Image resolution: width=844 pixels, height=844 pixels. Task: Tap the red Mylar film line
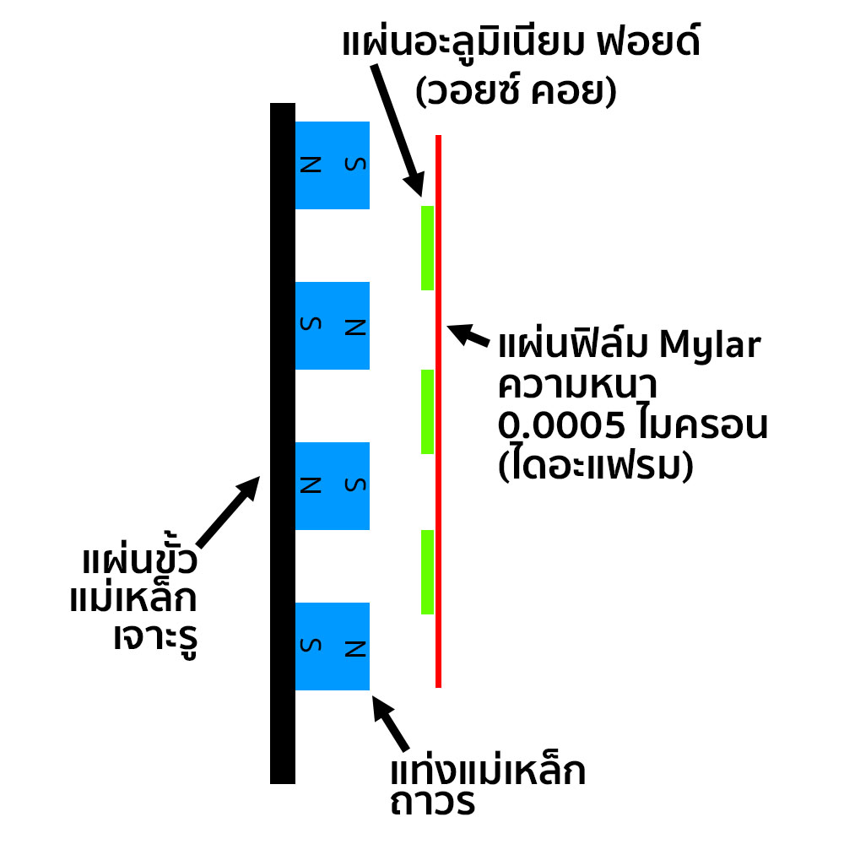tap(438, 506)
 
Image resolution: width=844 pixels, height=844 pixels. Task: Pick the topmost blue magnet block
tap(332, 165)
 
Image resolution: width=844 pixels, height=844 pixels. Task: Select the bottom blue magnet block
tap(332, 646)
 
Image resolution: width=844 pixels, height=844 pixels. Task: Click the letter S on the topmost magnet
tap(355, 164)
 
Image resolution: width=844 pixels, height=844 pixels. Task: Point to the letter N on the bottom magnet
tap(355, 648)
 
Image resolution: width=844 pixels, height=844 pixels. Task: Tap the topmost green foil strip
tap(427, 247)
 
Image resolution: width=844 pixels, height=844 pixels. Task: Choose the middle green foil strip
tap(427, 411)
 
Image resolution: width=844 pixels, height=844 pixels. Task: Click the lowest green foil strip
tap(427, 571)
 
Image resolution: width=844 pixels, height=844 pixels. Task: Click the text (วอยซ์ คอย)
tap(516, 91)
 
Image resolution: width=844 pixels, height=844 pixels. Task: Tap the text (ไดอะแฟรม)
tap(596, 465)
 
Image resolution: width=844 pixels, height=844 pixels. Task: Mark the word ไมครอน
tap(697, 427)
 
